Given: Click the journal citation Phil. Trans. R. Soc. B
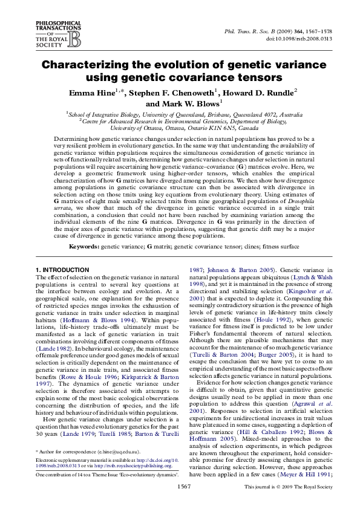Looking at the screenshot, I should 250,29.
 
